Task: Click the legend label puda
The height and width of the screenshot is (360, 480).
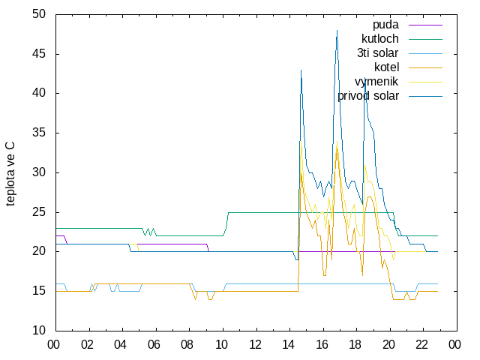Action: coord(385,25)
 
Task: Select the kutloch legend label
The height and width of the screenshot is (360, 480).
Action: coord(380,39)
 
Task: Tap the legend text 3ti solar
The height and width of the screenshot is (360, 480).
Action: coord(377,53)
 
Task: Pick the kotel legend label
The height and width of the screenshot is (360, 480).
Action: coord(387,67)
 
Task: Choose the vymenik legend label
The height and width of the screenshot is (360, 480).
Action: coord(376,82)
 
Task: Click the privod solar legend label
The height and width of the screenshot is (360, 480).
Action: coord(368,96)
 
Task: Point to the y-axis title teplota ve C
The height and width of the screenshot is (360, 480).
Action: coord(10,174)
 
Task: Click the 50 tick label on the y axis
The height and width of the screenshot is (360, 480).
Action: coord(39,14)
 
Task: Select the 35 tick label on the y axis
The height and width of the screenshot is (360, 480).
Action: coord(39,133)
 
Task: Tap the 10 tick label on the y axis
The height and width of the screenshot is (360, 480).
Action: coord(39,331)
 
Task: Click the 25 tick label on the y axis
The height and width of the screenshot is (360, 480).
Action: coord(39,212)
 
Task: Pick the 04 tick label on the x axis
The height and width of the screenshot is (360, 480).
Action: coord(120,345)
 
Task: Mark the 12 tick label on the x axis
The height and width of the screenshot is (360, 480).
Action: coord(255,345)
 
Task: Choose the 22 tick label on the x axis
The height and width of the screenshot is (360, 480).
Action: coord(421,345)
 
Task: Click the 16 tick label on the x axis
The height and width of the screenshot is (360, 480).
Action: coord(322,345)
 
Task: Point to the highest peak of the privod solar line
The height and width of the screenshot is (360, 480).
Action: coord(337,30)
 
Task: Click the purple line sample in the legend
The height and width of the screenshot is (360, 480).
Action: coord(425,25)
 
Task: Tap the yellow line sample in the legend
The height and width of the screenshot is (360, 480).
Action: coord(425,82)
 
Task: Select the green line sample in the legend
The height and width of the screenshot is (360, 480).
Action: coord(425,39)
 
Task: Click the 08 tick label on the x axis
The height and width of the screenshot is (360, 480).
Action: coord(187,345)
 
